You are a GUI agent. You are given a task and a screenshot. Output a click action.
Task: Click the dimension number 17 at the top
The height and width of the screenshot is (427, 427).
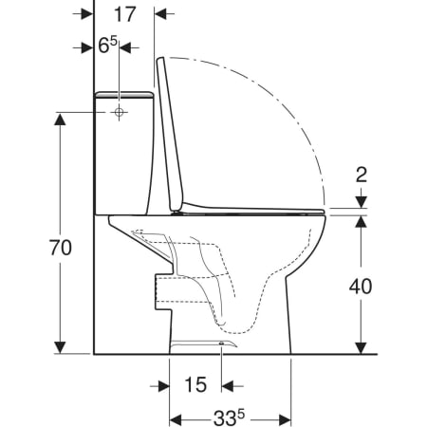[x=125, y=14]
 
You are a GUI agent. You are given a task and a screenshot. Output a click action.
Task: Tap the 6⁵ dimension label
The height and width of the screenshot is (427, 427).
[x=107, y=46]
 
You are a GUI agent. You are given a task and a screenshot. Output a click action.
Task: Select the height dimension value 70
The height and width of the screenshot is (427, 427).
[x=61, y=248]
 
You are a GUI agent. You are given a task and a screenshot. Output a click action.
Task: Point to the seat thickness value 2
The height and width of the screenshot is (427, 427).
[x=361, y=175]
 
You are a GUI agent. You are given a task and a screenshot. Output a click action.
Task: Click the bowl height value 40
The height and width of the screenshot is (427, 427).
[x=361, y=287]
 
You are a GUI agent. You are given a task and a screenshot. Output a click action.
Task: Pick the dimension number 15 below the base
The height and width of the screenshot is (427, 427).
[x=195, y=385]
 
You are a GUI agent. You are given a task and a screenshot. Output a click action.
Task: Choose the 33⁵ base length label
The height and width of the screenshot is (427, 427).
[x=229, y=418]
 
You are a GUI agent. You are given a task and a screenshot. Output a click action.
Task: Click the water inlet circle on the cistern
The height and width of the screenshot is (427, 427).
[x=119, y=112]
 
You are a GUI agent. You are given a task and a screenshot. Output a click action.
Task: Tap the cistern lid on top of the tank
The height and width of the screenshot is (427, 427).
[x=124, y=94]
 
